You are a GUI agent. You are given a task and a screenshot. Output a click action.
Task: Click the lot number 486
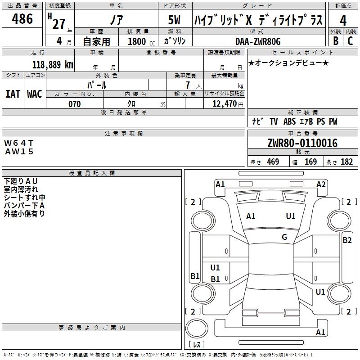(22, 19)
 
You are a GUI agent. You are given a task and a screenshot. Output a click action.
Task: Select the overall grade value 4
(343, 21)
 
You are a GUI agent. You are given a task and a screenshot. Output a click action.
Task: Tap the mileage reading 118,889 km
(53, 65)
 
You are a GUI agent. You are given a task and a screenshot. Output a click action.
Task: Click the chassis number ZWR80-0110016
(302, 143)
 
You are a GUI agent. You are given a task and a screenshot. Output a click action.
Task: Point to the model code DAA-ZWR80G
(258, 41)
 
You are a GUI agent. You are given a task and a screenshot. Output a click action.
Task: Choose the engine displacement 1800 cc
(141, 42)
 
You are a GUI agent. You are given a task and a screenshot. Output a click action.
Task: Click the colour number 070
(75, 104)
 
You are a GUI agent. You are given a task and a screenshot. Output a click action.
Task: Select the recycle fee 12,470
(225, 104)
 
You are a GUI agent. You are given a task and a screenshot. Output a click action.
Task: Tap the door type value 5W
(174, 20)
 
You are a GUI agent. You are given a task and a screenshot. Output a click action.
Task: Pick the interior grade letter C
(350, 41)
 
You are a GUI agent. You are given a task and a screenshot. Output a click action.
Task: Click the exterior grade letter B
(336, 41)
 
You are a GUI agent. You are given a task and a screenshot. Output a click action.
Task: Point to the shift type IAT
(13, 94)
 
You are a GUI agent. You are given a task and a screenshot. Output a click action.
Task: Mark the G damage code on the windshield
(284, 237)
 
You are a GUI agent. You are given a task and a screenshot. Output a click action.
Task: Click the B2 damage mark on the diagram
(347, 240)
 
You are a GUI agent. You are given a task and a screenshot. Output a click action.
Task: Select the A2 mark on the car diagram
(321, 184)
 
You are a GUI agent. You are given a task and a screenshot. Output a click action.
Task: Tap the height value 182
(346, 162)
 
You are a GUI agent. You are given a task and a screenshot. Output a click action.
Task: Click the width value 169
(310, 162)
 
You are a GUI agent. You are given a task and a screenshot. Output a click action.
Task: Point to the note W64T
(19, 143)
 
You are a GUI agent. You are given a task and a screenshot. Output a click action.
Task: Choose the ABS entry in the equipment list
(289, 121)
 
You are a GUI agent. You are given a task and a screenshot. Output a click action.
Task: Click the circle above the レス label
(197, 328)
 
